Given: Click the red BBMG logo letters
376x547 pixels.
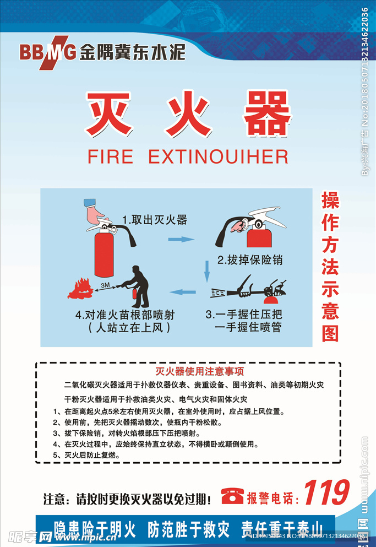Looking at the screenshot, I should coord(47,51).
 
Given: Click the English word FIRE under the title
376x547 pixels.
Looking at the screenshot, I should coord(110,157).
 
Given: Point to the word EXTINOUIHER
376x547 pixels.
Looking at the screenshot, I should coord(219,157).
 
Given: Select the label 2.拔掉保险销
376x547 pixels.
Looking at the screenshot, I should coord(250,259).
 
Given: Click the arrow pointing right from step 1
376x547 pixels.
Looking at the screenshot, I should coord(181,240).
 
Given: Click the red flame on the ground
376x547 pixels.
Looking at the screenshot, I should coord(80,288).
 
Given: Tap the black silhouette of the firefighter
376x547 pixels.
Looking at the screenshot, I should coord(139,286).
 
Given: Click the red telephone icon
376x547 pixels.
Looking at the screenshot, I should coord(232,496).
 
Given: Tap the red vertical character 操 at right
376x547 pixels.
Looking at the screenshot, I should coord(330,201).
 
